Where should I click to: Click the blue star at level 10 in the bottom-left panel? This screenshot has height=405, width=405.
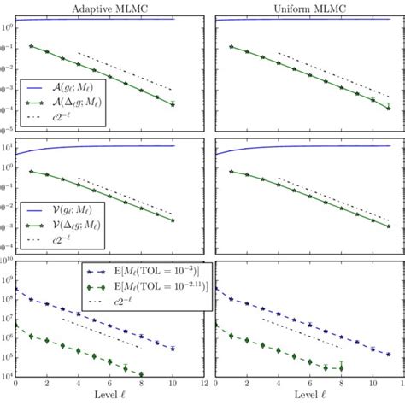coord(173,349)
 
